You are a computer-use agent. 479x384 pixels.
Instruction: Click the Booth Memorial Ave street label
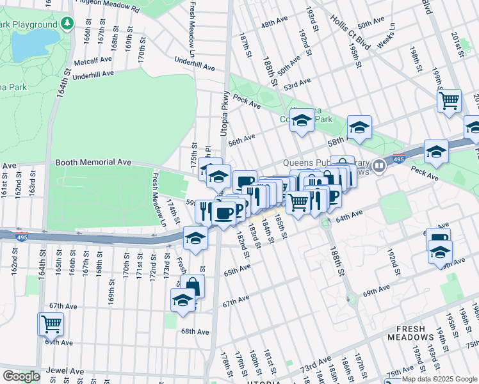click(93, 163)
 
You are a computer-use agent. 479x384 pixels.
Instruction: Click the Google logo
click(21, 376)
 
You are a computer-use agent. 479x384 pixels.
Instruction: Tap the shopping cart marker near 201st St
click(450, 100)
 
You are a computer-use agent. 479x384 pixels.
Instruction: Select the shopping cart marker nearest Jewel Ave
click(51, 324)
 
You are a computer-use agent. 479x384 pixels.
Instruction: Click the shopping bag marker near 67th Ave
click(192, 286)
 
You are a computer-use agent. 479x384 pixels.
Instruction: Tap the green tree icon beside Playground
click(67, 24)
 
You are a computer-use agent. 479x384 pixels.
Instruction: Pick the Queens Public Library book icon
click(379, 166)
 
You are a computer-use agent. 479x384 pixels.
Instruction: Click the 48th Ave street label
click(274, 24)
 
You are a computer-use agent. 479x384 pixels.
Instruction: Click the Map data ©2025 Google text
click(439, 379)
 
